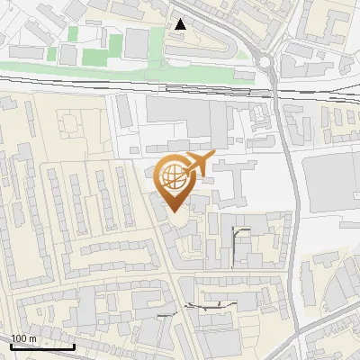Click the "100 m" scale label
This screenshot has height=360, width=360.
[x=23, y=338]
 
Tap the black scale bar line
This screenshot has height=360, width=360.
[x=41, y=346]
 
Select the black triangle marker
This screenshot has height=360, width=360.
[x=183, y=24]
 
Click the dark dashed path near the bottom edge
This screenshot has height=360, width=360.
[x=211, y=307]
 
